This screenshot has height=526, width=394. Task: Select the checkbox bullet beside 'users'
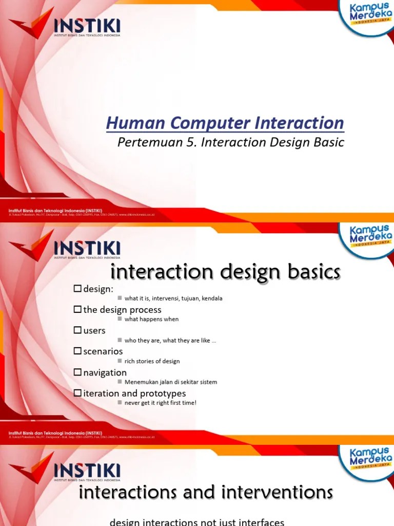pyautogui.click(x=77, y=331)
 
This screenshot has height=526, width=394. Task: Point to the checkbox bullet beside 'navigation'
pyautogui.click(x=77, y=373)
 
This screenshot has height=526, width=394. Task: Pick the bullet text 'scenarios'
pyautogui.click(x=103, y=352)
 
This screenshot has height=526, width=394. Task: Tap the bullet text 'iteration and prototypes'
pyautogui.click(x=134, y=393)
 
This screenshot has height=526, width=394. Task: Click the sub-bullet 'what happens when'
pyautogui.click(x=151, y=320)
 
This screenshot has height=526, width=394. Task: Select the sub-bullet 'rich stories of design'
pyautogui.click(x=152, y=361)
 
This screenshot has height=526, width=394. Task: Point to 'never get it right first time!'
pyautogui.click(x=160, y=403)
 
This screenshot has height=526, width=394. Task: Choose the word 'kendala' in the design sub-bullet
pyautogui.click(x=211, y=298)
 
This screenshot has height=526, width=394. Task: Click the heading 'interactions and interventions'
pyautogui.click(x=206, y=493)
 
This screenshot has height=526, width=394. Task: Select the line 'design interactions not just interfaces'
pyautogui.click(x=197, y=522)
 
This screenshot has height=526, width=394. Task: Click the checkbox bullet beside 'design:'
pyautogui.click(x=77, y=289)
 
